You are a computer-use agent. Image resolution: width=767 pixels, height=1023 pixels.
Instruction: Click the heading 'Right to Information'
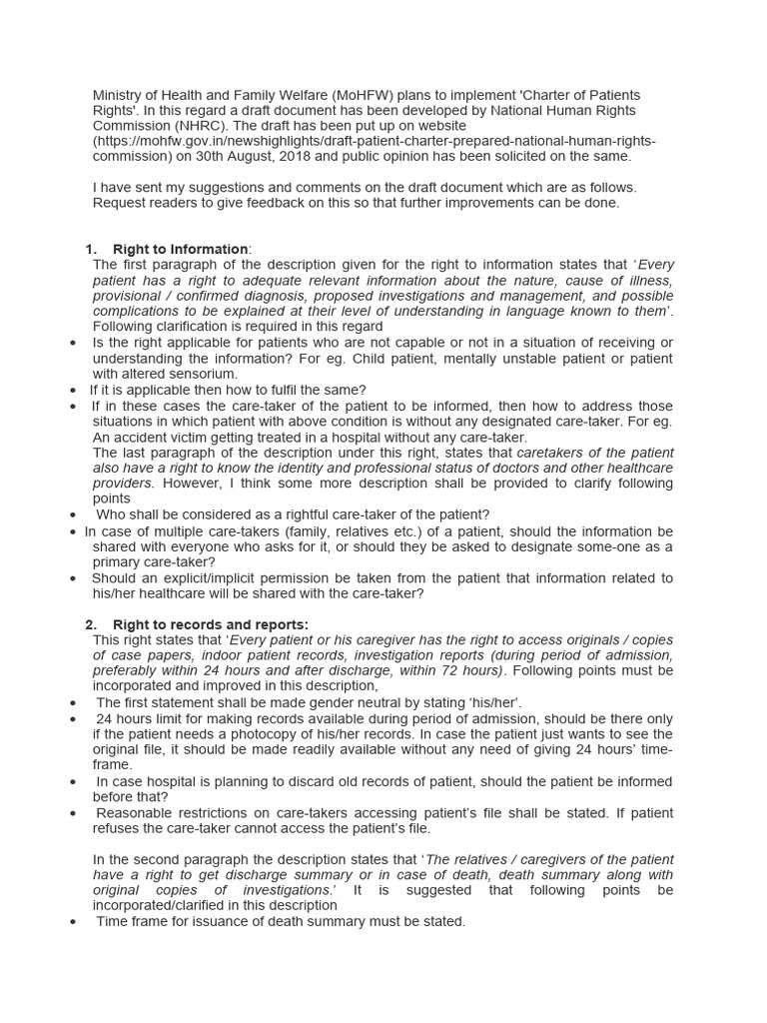(x=180, y=249)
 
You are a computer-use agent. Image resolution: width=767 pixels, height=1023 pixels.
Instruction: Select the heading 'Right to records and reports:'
(x=211, y=624)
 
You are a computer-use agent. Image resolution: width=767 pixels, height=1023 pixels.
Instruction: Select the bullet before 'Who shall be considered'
(x=74, y=515)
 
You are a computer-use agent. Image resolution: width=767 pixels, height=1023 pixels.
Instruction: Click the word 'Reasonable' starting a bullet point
(x=135, y=812)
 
